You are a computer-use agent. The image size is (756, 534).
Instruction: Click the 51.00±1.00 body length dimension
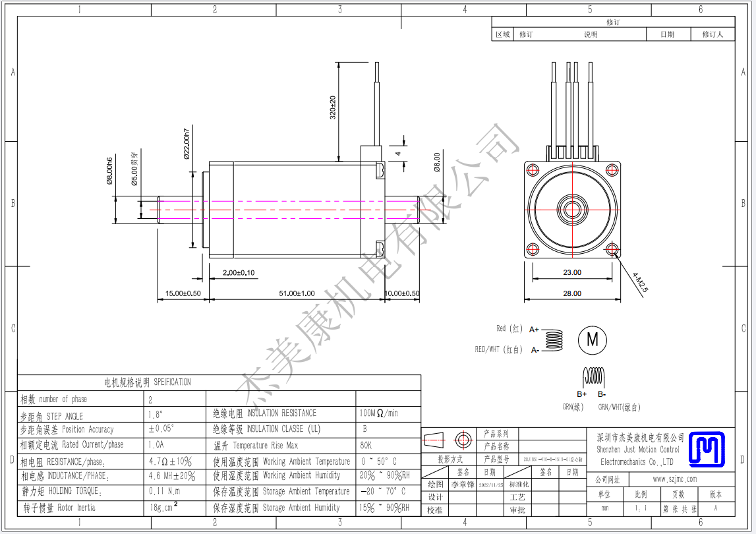pyautogui.click(x=296, y=293)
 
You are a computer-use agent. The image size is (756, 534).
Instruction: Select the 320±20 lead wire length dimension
pyautogui.click(x=333, y=107)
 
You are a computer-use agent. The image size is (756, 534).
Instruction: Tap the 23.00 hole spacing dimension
pyautogui.click(x=572, y=272)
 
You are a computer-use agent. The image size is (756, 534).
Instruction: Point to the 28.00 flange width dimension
pyautogui.click(x=572, y=293)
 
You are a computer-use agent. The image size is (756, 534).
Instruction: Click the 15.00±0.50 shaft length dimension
pyautogui.click(x=183, y=293)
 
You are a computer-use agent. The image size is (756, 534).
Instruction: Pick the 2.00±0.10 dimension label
pyautogui.click(x=239, y=273)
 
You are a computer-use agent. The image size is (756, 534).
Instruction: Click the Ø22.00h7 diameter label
pyautogui.click(x=187, y=143)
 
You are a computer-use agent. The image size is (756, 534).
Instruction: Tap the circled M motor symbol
pyautogui.click(x=592, y=340)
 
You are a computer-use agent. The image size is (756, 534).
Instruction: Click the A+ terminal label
pyautogui.click(x=535, y=329)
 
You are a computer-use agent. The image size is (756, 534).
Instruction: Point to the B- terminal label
pyautogui.click(x=602, y=394)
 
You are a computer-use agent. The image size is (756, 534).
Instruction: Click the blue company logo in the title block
pyautogui.click(x=707, y=448)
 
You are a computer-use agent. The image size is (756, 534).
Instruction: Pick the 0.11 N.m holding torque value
pyautogui.click(x=164, y=491)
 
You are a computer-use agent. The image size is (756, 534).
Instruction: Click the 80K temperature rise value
pyautogui.click(x=366, y=445)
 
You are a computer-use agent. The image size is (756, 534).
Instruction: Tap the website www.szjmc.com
pyautogui.click(x=674, y=479)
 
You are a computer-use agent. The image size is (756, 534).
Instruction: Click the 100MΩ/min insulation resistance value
pyautogui.click(x=378, y=413)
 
